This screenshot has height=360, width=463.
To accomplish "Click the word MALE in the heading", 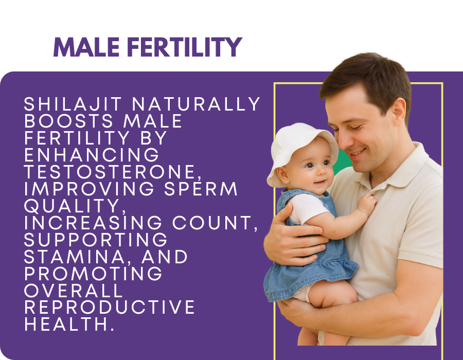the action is pos(86,47).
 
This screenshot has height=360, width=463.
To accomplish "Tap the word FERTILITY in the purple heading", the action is pos(185,47).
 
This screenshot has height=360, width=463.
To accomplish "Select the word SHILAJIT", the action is pos(73,104).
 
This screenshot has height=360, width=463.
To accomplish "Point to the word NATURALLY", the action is pos(196,104).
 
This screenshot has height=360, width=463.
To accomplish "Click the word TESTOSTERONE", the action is pos(113,172).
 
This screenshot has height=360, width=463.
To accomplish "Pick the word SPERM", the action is pos(201,189).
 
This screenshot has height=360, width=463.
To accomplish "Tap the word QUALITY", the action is pos(75,206).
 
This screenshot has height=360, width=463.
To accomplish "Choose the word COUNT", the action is pos(215,223).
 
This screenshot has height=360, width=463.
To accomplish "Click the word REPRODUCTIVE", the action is pos(109,307).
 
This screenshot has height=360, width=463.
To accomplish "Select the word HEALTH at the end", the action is pos(69,324).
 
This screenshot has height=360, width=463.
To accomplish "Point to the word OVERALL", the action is pos(73,291).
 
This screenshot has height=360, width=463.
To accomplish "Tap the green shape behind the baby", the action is pos(342,161).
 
